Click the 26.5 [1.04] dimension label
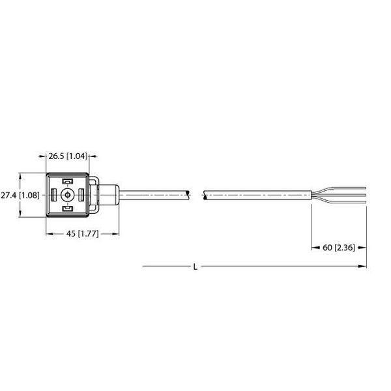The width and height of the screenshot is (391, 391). tap(68, 156)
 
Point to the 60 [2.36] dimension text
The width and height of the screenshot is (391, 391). tap(339, 248)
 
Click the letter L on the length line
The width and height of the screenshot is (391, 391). tap(196, 266)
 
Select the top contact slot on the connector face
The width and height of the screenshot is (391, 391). tap(66, 182)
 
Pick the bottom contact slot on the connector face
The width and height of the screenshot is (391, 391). tap(66, 208)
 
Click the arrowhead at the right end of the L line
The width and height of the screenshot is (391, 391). tap(364, 266)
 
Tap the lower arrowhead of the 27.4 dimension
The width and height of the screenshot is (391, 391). tap(23, 216)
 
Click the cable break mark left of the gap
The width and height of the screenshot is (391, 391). tap(189, 194)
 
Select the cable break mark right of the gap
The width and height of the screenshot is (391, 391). tap(205, 194)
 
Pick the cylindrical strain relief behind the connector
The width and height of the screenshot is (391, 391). tap(109, 194)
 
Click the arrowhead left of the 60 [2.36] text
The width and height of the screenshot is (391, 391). tap(311, 248)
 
